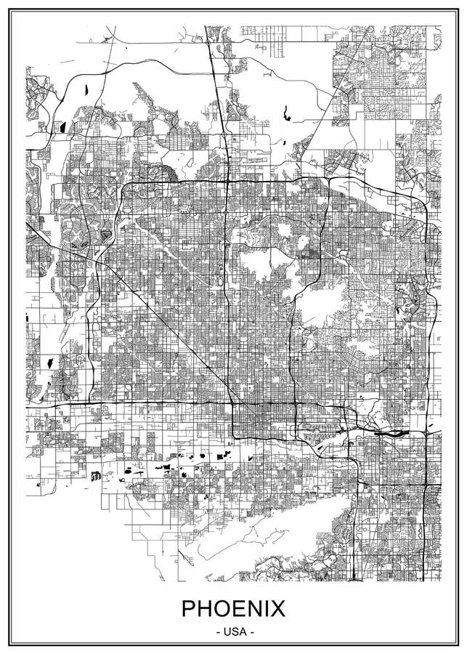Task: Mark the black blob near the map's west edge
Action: (49, 361)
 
